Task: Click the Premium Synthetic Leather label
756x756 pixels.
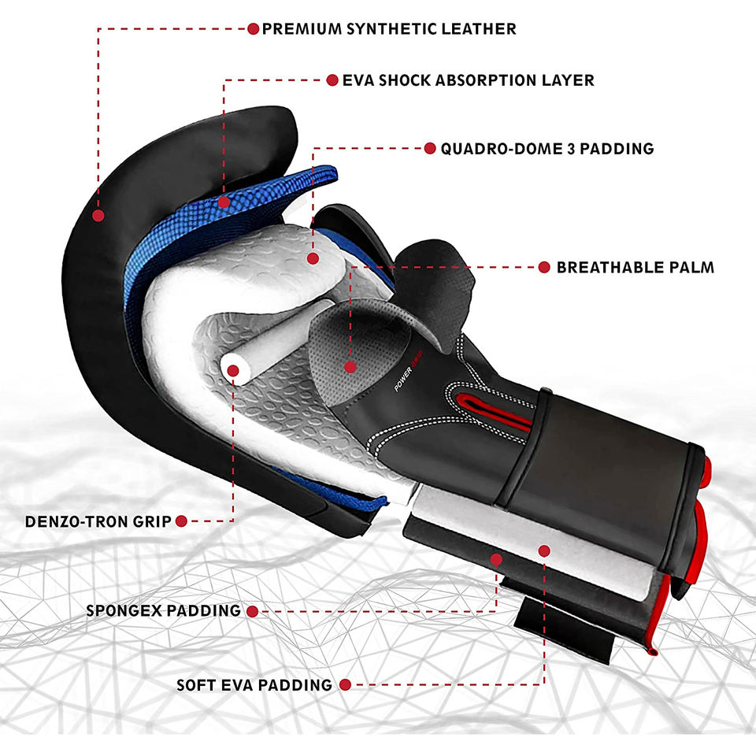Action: coord(389,29)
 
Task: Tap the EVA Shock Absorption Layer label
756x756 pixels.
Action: coord(468,80)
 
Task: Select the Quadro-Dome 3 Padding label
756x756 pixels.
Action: coord(547,148)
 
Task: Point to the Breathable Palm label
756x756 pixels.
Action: coord(635,267)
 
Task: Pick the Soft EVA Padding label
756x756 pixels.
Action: coord(254,685)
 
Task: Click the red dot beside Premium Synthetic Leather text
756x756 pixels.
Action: coord(253,29)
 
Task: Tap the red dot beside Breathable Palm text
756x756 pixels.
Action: coord(543,267)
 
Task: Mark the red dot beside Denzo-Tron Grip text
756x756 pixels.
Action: coord(181,521)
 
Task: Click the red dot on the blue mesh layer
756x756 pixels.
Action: coord(224,202)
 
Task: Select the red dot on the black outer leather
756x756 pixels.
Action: coord(98,214)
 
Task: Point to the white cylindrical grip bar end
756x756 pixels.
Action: coord(233,368)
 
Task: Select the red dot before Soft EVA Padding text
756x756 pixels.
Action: coord(345,685)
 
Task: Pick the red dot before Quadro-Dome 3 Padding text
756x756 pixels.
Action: coord(430,148)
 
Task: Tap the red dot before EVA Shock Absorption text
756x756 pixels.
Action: coord(332,80)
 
